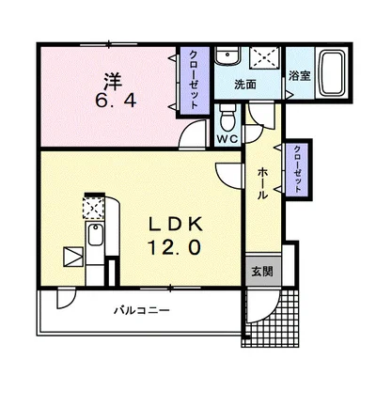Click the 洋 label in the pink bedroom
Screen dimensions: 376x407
coord(113,82)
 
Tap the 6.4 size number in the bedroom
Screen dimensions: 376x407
coord(116,101)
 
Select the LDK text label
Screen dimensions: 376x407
coord(175,225)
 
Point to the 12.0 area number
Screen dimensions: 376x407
coord(174,247)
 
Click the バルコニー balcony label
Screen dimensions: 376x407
coord(142,310)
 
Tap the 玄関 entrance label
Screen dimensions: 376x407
coord(262,272)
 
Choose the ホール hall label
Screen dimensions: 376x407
coord(262,183)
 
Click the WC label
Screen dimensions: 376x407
coord(227,139)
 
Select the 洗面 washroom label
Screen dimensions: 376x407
coord(245,85)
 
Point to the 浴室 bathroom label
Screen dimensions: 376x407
coord(300,75)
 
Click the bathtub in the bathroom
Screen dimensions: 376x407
coord(332,73)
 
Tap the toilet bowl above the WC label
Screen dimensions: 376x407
coord(227,118)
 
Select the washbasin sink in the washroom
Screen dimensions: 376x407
coord(227,55)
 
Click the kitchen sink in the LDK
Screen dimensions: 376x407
coord(95,235)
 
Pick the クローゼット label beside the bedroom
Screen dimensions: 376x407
coord(194,80)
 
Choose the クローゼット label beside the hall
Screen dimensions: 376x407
coord(297,169)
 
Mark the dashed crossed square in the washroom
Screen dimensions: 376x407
coord(265,57)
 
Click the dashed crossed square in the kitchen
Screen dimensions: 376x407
coord(93,208)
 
